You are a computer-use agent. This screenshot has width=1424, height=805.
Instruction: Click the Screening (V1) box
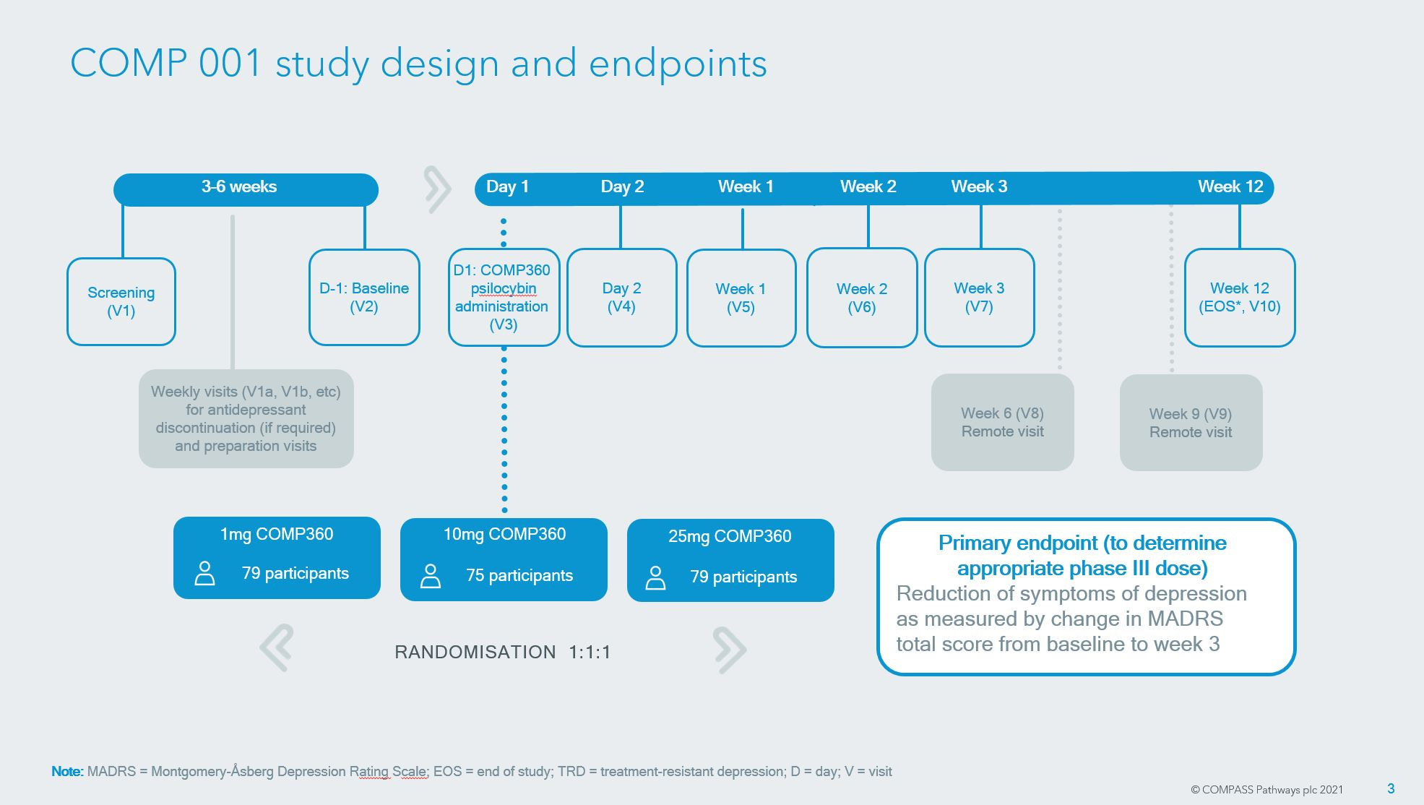click(121, 301)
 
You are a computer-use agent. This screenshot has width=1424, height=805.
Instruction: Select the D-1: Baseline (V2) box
click(364, 297)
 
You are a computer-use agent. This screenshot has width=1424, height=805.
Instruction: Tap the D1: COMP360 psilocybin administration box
click(504, 297)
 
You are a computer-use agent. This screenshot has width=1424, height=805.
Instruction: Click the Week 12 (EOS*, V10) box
click(1239, 297)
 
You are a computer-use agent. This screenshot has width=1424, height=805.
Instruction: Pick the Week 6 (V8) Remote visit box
click(1002, 422)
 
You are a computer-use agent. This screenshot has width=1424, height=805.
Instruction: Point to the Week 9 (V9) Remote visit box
click(1191, 423)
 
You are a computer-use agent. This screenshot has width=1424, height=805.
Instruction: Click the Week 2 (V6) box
click(861, 298)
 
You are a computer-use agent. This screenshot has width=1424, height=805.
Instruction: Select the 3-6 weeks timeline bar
click(246, 188)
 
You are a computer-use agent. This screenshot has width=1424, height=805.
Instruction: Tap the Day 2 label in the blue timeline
click(622, 187)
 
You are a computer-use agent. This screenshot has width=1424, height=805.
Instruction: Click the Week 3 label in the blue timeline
click(979, 187)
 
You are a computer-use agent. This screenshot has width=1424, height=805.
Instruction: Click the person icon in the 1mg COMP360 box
click(205, 573)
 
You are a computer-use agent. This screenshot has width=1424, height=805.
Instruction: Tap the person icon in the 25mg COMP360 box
click(655, 577)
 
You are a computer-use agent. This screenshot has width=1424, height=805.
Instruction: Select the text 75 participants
click(519, 576)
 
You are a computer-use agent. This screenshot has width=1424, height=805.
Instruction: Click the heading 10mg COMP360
click(504, 535)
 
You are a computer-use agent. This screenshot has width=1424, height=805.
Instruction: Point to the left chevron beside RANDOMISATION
click(277, 647)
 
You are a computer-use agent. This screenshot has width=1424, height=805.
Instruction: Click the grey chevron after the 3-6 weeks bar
click(437, 189)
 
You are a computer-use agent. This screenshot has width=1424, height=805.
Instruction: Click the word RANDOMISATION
click(475, 653)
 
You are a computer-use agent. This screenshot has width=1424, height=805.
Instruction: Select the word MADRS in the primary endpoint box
click(1185, 619)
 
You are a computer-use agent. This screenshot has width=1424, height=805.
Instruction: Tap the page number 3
click(1391, 788)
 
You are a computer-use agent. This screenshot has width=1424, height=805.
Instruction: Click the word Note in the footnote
click(66, 772)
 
